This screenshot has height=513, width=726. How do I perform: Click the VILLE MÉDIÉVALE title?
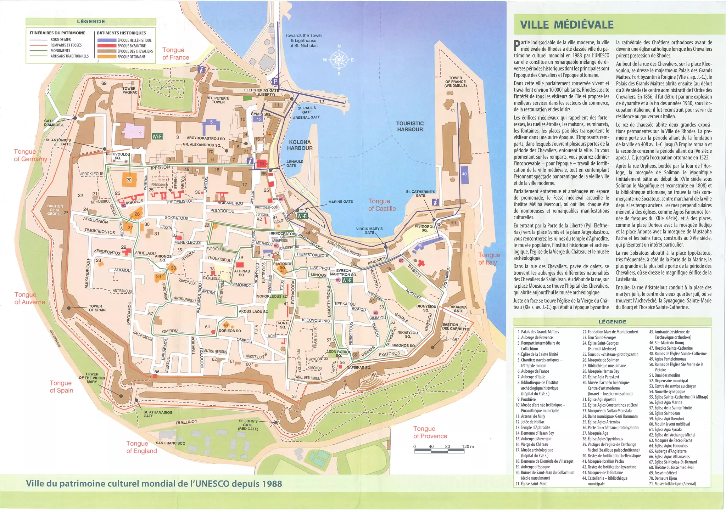(566, 24)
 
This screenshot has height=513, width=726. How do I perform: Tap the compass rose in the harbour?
(339, 60)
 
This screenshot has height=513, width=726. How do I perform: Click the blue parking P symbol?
(275, 82)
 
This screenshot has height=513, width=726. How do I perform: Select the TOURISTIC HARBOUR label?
(410, 126)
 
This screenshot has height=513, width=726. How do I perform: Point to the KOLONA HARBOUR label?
(300, 145)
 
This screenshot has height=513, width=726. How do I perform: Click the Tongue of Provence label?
(430, 432)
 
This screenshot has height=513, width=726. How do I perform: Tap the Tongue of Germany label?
(30, 155)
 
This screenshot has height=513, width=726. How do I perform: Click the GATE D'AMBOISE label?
(54, 123)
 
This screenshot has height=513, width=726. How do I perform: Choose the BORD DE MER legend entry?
(60, 40)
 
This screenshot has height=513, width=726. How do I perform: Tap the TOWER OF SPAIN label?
(97, 308)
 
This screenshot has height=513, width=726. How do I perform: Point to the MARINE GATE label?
(340, 202)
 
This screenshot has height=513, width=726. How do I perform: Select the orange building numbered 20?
(129, 180)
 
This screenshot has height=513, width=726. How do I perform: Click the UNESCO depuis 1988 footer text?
(154, 484)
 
